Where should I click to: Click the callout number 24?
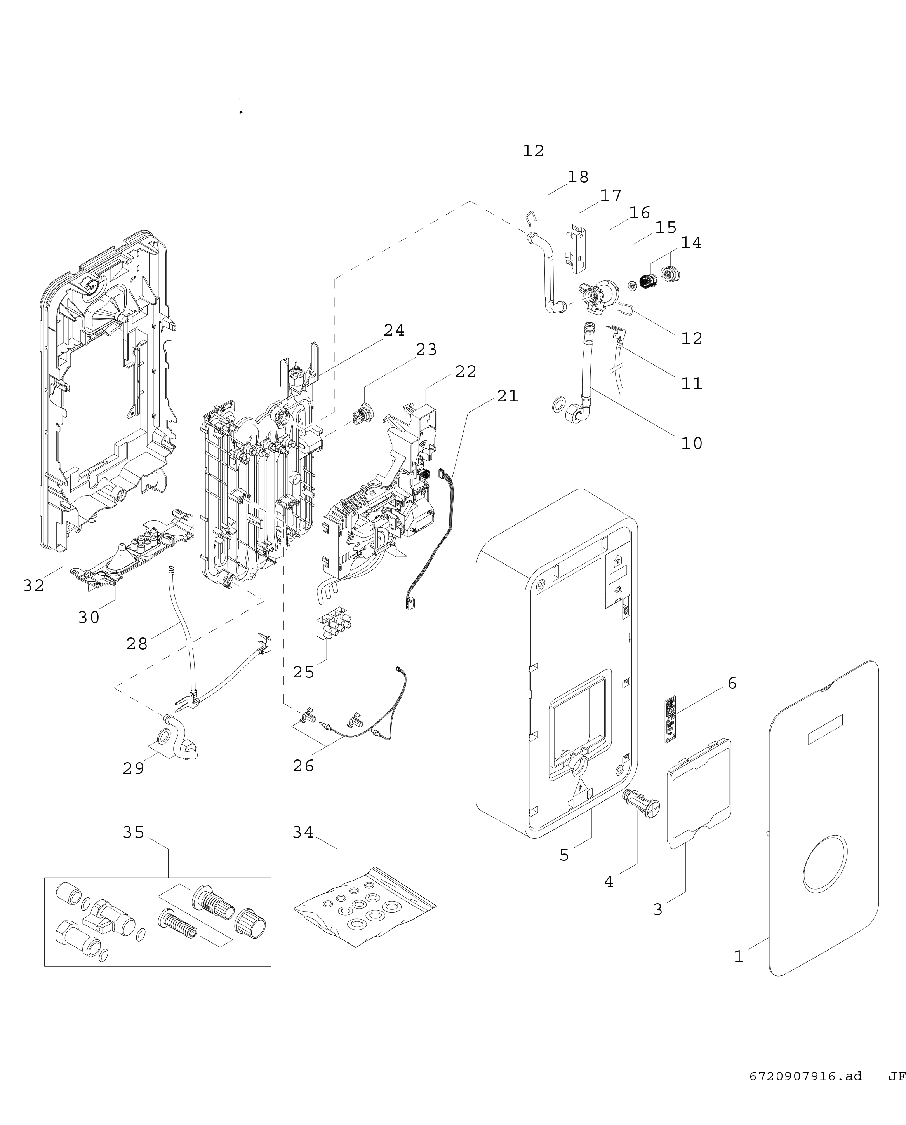[394, 331]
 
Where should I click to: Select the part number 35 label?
[133, 832]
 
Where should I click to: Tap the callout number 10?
[692, 443]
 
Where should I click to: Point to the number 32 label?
[34, 586]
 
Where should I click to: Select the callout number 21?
[507, 396]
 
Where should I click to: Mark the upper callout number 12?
[533, 151]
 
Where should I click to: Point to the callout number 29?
[134, 768]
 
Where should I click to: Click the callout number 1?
[739, 956]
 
